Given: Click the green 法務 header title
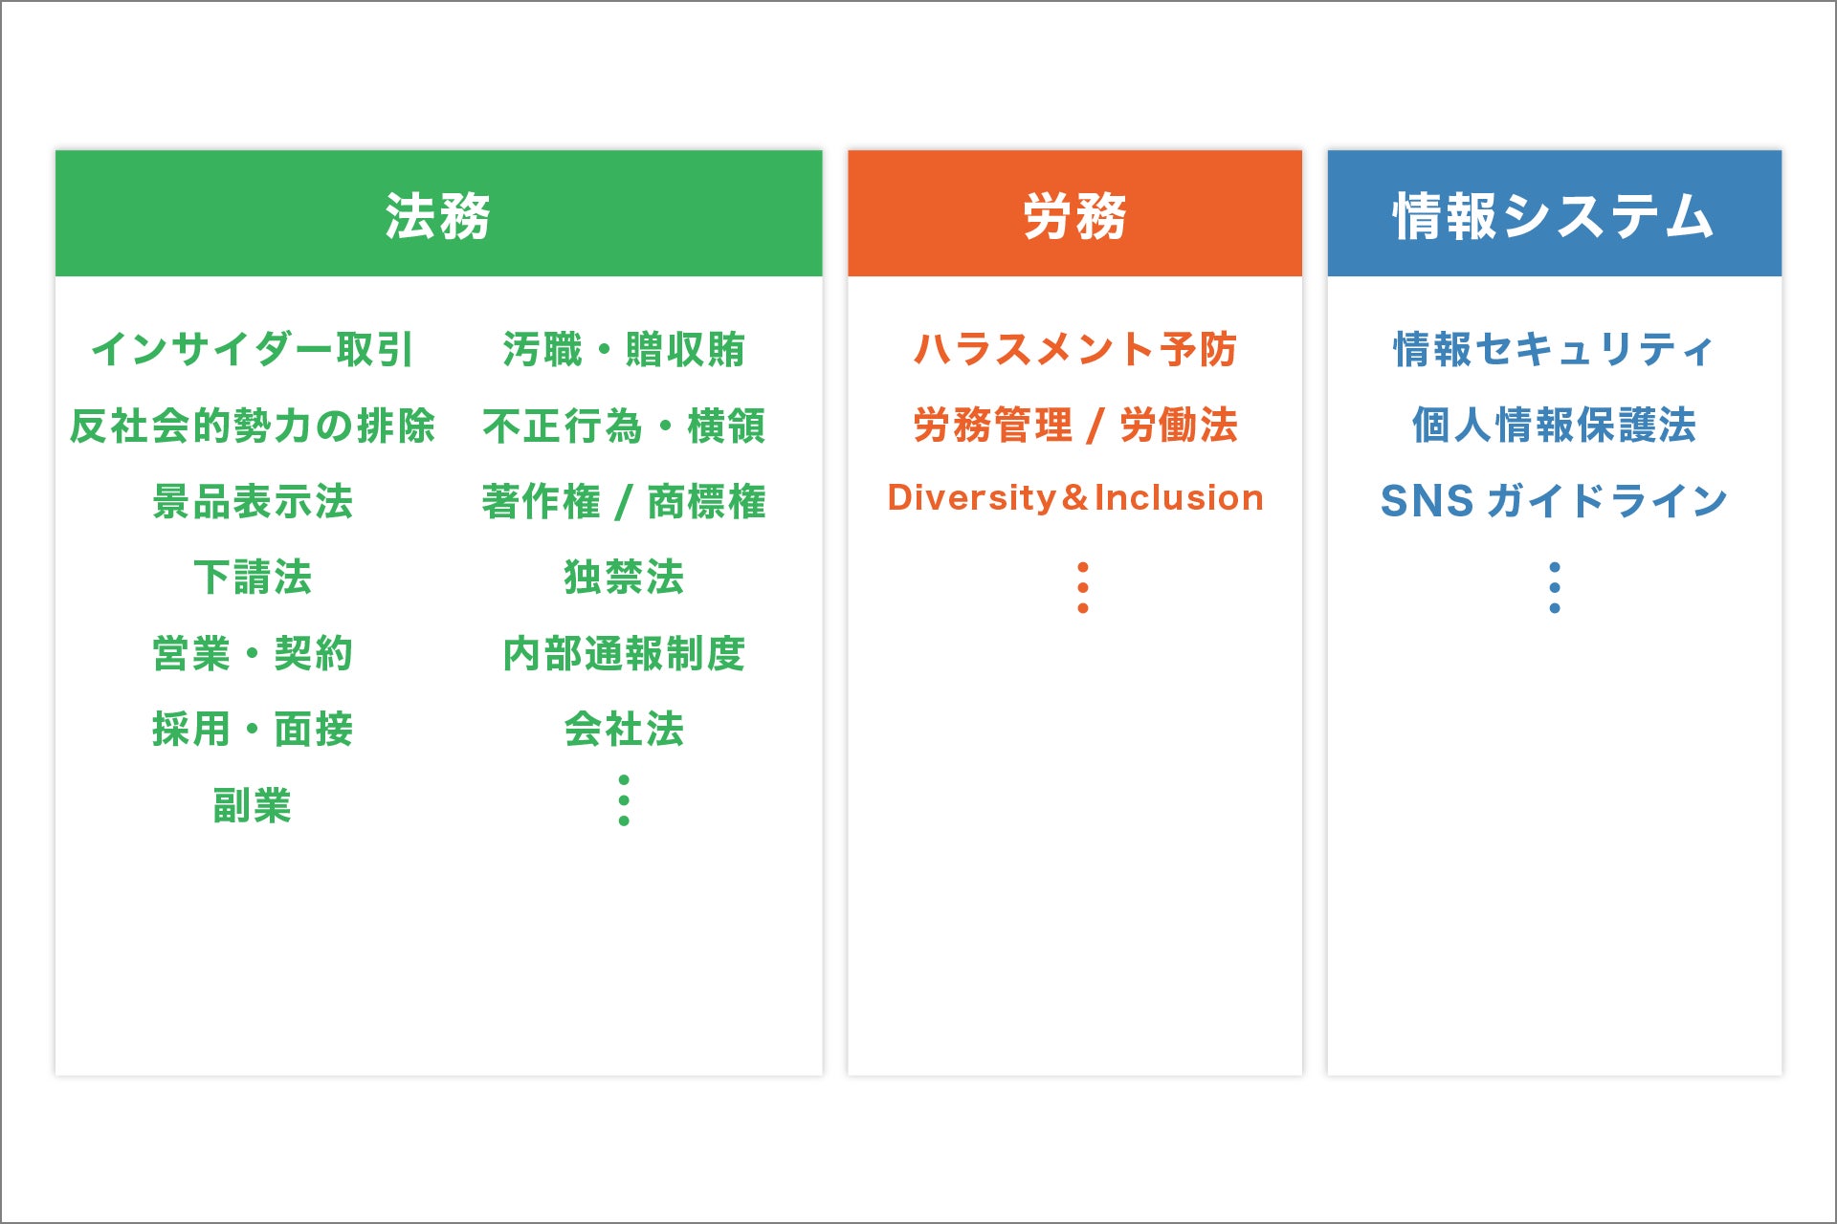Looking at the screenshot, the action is (438, 215).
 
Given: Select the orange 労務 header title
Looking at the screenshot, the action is (1074, 215).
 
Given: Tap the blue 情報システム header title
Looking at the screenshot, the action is (1554, 215).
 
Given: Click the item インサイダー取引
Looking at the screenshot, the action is (253, 349).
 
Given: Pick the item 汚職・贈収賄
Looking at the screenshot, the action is (624, 349).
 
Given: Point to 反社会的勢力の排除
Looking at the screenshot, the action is (253, 426).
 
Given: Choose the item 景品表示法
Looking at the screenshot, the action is (253, 501).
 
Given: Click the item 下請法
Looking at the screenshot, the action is (253, 577).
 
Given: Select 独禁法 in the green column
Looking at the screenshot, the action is (624, 577).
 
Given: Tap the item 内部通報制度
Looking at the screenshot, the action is (624, 653).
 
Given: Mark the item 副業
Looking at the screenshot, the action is (253, 805).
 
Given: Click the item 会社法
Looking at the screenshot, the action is (624, 729).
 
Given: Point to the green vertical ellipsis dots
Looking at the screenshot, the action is (624, 800).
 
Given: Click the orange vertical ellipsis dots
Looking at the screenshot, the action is (1082, 587).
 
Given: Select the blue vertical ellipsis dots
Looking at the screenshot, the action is (1554, 587).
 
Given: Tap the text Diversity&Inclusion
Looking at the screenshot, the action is (1075, 498).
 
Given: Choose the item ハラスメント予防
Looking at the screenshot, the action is (1075, 349).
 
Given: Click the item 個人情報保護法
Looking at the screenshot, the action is (1554, 426).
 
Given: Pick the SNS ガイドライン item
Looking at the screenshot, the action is (1554, 501).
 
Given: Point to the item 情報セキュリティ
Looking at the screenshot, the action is (1554, 349).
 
